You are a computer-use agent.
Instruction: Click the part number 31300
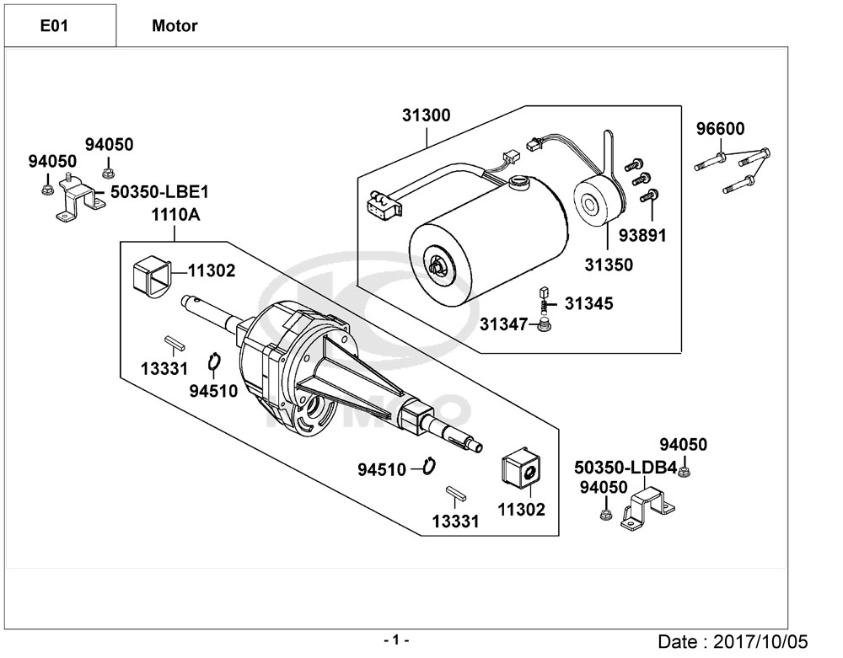[427, 115]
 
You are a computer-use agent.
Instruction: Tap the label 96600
[721, 129]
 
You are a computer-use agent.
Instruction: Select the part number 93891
[642, 235]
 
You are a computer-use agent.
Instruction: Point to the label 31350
[609, 265]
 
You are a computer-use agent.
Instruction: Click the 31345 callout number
[588, 303]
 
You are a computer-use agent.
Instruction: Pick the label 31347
[504, 324]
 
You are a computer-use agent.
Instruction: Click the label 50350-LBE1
[159, 192]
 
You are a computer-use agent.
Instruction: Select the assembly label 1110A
[175, 215]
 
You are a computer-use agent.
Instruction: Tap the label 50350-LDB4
[626, 468]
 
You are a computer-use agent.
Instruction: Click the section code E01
[54, 26]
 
